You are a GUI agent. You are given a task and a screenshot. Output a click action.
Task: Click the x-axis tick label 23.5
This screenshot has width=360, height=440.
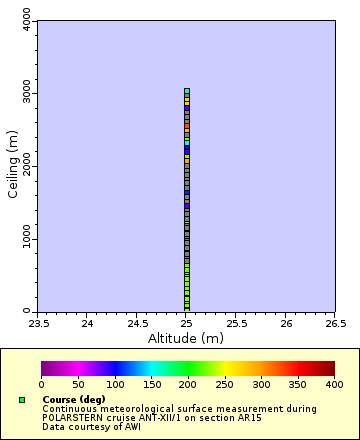(x=38, y=323)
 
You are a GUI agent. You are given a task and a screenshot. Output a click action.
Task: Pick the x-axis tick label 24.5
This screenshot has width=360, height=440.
(x=137, y=323)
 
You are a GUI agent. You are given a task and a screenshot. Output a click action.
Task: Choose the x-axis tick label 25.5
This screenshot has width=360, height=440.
(x=236, y=323)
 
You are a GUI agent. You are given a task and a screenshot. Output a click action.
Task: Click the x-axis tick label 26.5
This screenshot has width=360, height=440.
(x=335, y=323)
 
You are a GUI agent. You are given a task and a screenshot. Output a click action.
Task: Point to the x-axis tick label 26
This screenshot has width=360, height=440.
(x=286, y=323)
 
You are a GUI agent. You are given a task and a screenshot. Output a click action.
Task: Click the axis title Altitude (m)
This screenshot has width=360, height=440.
(x=186, y=338)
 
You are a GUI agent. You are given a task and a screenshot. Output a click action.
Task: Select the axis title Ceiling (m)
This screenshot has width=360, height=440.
(x=13, y=166)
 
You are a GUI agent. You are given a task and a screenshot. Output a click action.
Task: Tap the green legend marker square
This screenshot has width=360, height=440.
(x=21, y=400)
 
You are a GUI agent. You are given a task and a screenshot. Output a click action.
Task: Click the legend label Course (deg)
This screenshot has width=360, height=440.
(x=74, y=400)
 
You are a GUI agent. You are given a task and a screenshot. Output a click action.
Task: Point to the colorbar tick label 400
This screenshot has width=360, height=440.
(x=334, y=384)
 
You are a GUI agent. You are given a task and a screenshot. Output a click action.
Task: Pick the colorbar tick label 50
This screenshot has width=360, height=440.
(x=78, y=384)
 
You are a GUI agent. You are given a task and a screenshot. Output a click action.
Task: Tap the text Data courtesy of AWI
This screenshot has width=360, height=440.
(x=91, y=427)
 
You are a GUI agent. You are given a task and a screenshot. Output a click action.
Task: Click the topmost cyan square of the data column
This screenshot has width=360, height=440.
(x=187, y=91)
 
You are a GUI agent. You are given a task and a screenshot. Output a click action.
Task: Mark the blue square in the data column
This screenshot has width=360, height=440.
(x=187, y=148)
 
